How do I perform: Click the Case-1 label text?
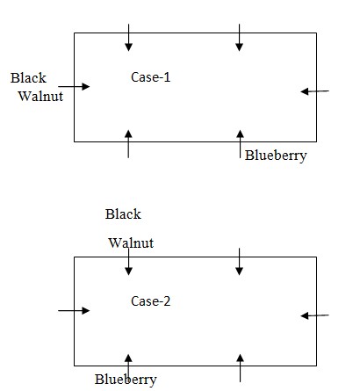coord(150,77)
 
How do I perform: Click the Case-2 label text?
coord(150,301)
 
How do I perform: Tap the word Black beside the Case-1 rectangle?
coord(28,78)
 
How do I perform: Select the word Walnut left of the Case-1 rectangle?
coord(40,96)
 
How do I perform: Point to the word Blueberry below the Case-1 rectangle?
coord(276,156)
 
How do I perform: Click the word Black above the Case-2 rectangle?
coord(123,214)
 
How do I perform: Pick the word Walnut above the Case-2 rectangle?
coord(131,243)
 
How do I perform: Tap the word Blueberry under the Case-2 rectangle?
coord(126,380)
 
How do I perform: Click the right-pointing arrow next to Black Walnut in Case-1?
coord(74,86)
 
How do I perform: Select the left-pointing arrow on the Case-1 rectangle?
coord(315,91)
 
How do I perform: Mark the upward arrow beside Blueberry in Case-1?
coord(240,144)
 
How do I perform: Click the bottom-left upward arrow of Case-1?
coord(128,144)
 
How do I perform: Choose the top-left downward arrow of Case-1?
coord(128,38)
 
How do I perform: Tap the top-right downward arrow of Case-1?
coord(239,38)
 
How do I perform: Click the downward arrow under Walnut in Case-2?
coord(128,262)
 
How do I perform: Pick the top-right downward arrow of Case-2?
coord(239,262)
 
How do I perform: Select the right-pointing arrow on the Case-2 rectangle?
coord(74,310)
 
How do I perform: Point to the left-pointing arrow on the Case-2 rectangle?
coord(315,315)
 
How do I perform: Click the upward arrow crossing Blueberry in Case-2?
coord(128,368)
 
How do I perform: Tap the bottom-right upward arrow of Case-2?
coord(240,368)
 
